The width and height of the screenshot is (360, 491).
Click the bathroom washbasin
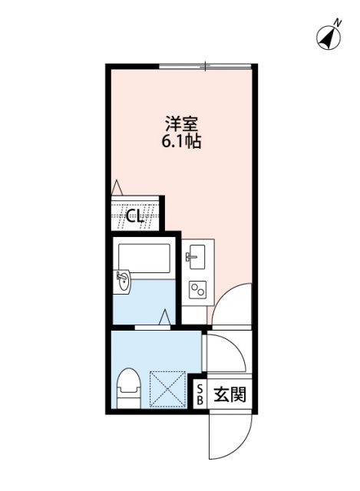[x=123, y=282]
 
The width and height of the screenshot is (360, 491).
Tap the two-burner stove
[x=197, y=289]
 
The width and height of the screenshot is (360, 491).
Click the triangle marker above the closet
[x=116, y=186]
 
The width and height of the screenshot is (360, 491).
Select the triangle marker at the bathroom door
[x=165, y=316]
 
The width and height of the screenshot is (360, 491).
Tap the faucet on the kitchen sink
[x=188, y=255]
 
